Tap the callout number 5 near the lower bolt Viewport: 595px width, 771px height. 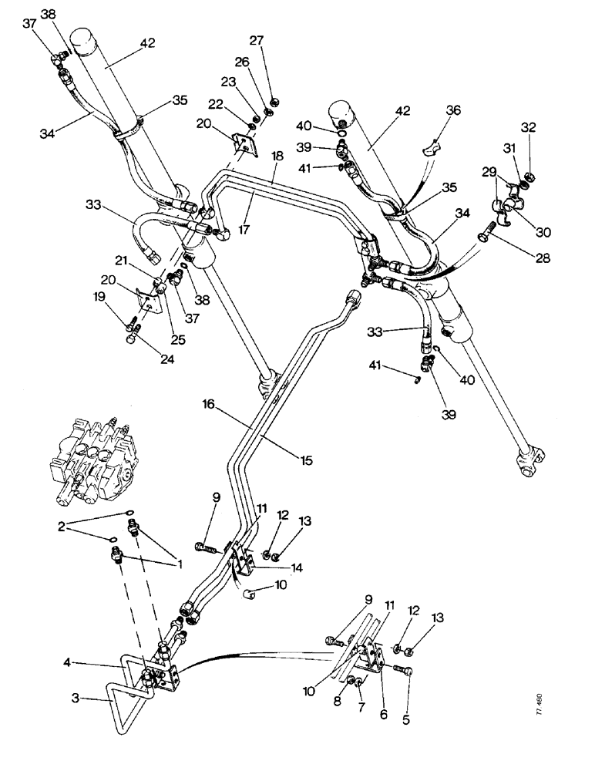[x=405, y=721]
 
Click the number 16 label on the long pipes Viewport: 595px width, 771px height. [x=209, y=403]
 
